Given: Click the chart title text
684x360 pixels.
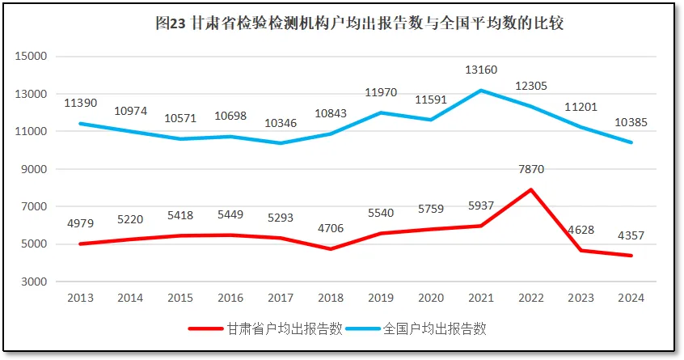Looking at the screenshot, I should (359, 23).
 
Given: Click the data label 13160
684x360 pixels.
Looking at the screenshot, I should (481, 70).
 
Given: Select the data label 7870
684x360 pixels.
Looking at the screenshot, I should (530, 171).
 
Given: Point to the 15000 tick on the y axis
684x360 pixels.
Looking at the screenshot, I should (34, 57).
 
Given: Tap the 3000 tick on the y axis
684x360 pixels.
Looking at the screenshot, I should (37, 282).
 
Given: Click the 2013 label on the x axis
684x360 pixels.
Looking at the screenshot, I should (80, 298).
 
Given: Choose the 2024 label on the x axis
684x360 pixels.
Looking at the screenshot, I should (631, 298).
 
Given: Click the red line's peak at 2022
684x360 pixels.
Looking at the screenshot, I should (531, 189).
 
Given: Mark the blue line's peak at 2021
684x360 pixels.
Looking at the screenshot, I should (481, 90).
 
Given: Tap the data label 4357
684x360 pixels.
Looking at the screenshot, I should (631, 236).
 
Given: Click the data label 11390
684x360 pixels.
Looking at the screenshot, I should (80, 103).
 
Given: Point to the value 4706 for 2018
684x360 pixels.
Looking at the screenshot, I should (331, 228).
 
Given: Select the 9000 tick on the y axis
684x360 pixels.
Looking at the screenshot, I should (37, 169).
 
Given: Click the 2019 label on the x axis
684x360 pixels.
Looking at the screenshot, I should (381, 298).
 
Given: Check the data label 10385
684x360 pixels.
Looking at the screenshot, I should (631, 122).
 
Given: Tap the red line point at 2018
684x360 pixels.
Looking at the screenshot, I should (331, 249).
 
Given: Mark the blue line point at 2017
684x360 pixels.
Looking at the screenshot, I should (281, 143).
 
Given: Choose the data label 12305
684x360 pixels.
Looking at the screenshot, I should (530, 86).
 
